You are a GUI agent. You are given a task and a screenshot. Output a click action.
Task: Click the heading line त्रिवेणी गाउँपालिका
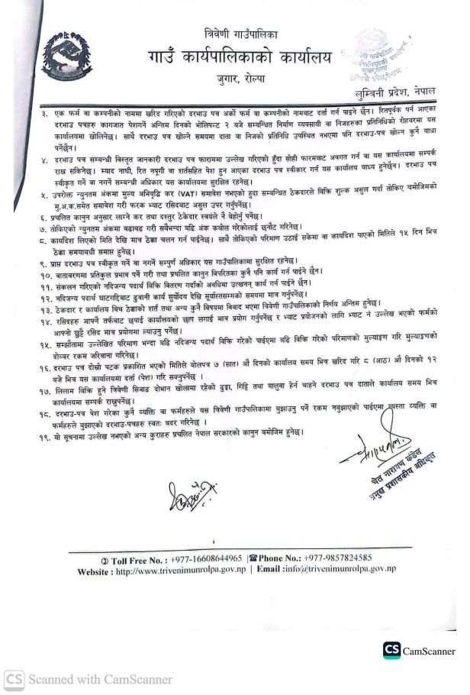[x=236, y=34]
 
